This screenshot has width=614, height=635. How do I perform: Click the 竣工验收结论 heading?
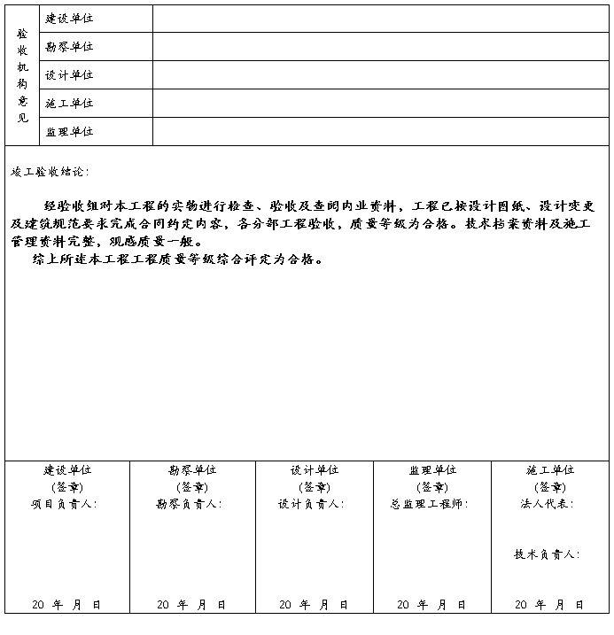pyautogui.click(x=50, y=171)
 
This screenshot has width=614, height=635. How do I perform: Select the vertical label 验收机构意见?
pyautogui.click(x=22, y=74)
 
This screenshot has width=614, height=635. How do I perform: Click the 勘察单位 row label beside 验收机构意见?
pyautogui.click(x=69, y=46)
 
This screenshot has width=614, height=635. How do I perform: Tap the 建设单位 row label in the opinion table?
pyautogui.click(x=69, y=19)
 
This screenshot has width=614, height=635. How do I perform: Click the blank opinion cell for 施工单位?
pyautogui.click(x=380, y=103)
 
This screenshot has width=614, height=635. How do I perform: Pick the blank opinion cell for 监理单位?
pyautogui.click(x=380, y=131)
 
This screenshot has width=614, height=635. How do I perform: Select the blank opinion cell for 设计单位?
pyautogui.click(x=380, y=74)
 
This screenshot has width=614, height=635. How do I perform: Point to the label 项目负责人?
pyautogui.click(x=64, y=504)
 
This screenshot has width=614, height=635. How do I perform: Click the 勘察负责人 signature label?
pyautogui.click(x=189, y=504)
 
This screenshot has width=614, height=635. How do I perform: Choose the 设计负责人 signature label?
pyautogui.click(x=310, y=504)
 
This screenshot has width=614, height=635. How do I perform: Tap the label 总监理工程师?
pyautogui.click(x=429, y=504)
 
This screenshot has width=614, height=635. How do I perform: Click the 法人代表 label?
pyautogui.click(x=547, y=504)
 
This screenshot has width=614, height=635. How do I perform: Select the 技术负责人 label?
pyautogui.click(x=547, y=554)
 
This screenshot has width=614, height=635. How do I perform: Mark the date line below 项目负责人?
pyautogui.click(x=66, y=604)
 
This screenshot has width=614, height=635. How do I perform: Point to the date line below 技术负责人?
pyautogui.click(x=548, y=604)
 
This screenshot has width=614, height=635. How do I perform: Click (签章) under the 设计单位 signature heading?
pyautogui.click(x=314, y=487)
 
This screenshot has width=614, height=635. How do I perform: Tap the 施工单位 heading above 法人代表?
pyautogui.click(x=549, y=470)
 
